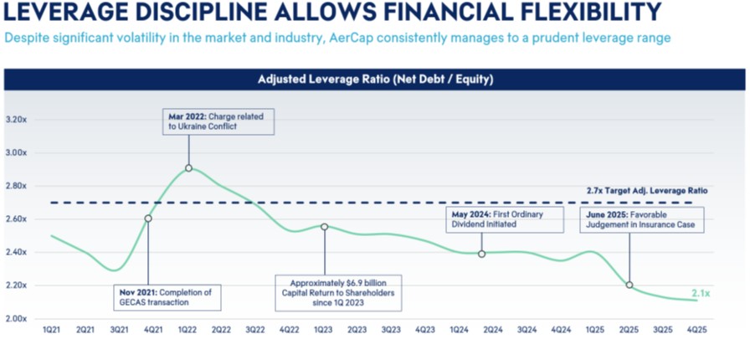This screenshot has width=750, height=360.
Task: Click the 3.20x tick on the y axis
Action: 16,120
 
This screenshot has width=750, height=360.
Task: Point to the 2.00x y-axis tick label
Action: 16,318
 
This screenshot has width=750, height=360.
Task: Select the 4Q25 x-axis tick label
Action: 696,331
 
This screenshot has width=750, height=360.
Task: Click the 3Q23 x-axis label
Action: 391,331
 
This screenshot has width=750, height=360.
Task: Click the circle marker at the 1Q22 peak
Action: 188,168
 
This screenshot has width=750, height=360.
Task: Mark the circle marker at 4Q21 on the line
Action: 148,219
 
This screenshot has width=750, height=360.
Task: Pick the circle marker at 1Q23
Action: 324,227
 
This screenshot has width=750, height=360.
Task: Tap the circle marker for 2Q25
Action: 629,285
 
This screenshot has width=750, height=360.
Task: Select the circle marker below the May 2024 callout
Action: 482,254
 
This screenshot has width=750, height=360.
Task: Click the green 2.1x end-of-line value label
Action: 701,293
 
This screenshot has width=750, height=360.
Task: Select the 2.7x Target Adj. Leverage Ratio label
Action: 647,191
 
